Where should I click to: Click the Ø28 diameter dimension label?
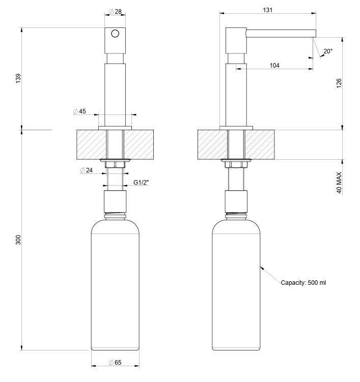click(x=115, y=12)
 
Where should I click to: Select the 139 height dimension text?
click(x=18, y=79)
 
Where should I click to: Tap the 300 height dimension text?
click(x=18, y=240)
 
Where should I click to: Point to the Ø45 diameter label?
click(x=79, y=111)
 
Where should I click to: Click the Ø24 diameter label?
click(x=87, y=170)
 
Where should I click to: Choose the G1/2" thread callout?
click(x=141, y=182)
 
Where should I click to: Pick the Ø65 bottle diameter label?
click(x=115, y=363)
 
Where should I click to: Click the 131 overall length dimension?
click(x=267, y=10)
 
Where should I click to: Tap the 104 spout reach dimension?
click(x=274, y=66)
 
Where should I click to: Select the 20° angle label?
click(x=328, y=51)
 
